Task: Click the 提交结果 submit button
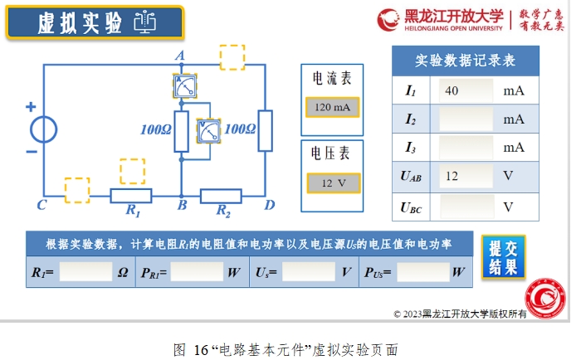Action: (x=503, y=257)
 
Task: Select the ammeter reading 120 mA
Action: (x=333, y=108)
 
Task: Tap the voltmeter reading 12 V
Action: (x=333, y=182)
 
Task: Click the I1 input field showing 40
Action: (x=466, y=90)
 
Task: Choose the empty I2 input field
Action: (x=466, y=119)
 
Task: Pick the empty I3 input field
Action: (x=466, y=147)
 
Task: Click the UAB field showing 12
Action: (x=466, y=176)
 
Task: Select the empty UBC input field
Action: (x=466, y=205)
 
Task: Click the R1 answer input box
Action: (x=85, y=271)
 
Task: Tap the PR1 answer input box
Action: (x=197, y=271)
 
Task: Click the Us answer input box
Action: (x=308, y=271)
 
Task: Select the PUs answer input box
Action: (x=422, y=271)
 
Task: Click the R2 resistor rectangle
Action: (x=221, y=197)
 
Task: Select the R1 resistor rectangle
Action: (x=131, y=196)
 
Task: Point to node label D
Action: (x=269, y=205)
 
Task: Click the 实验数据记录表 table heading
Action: (x=466, y=61)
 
